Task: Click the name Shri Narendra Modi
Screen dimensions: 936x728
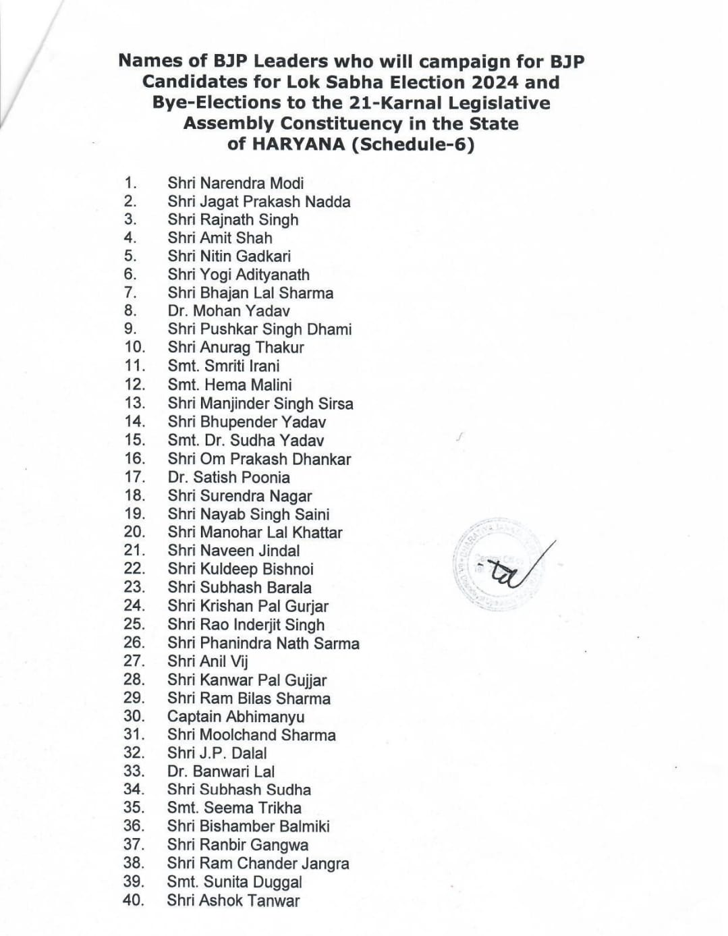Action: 235,183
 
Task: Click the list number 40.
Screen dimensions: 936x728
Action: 134,900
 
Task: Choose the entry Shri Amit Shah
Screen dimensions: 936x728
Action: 220,238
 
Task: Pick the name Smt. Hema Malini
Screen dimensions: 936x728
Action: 229,385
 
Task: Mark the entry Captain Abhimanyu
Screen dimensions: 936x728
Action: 235,717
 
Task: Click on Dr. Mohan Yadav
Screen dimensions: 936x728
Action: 229,311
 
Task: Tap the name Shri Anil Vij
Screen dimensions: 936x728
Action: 208,661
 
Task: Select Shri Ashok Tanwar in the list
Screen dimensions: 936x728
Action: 233,900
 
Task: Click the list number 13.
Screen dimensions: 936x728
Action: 134,403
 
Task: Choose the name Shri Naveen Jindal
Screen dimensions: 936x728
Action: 233,551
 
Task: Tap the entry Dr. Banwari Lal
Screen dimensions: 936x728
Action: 221,771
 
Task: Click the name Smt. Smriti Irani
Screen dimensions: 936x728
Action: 223,366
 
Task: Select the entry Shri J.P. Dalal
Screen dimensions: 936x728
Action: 217,753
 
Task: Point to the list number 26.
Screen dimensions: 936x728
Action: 134,642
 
